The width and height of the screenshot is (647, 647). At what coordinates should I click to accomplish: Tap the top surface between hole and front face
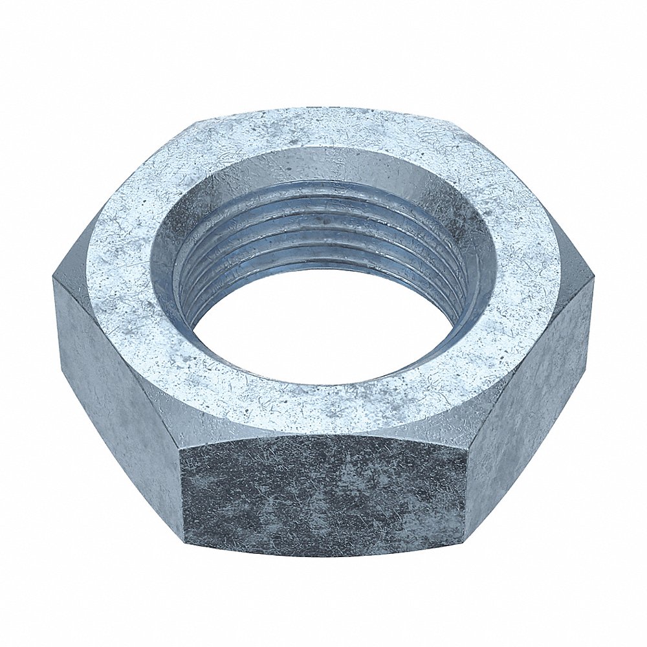[323, 411]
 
